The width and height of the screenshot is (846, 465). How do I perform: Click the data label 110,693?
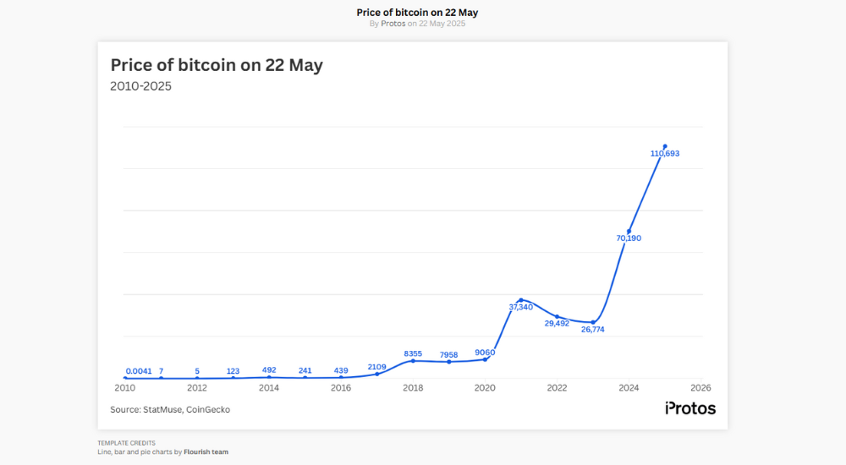665,154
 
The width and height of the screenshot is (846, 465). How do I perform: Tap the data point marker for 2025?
665,146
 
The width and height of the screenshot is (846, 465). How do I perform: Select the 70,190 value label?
629,238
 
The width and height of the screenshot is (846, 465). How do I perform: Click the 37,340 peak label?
520,307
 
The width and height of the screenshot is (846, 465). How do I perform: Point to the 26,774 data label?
592,330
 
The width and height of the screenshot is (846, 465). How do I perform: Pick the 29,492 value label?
557,323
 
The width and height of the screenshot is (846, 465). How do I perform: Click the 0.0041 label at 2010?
139,371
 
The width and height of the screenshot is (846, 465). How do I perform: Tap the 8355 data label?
413,353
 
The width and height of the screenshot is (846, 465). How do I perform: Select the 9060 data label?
485,352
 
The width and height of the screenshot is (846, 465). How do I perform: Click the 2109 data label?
376,367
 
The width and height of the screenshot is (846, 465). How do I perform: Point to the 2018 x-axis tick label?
413,388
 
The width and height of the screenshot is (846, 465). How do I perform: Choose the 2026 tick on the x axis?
700,388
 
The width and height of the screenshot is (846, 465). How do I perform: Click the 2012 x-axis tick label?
197,388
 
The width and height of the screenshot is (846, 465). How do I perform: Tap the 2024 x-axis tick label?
629,388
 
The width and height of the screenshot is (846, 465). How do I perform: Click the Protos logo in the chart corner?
689,408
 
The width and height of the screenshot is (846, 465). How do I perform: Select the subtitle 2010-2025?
140,86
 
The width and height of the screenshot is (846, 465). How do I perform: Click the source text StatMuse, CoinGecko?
170,409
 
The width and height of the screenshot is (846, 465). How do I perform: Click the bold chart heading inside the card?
217,65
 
